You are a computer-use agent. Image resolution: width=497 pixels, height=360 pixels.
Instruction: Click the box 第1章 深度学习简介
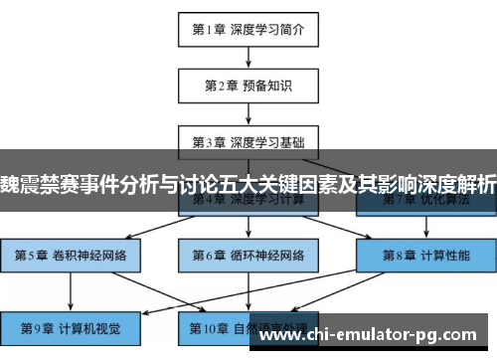(248, 30)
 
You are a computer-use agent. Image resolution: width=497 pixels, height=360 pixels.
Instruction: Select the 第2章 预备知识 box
(248, 86)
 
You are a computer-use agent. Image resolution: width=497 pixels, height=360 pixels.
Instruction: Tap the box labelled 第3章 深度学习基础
(248, 140)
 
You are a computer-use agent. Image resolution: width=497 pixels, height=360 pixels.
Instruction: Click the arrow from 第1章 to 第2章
(248, 58)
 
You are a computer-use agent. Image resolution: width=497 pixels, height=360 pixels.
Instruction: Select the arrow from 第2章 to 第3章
(248, 113)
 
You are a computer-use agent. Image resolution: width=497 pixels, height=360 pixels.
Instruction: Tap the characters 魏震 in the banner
(22, 184)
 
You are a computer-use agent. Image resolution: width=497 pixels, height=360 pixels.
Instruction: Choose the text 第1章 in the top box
(210, 30)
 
